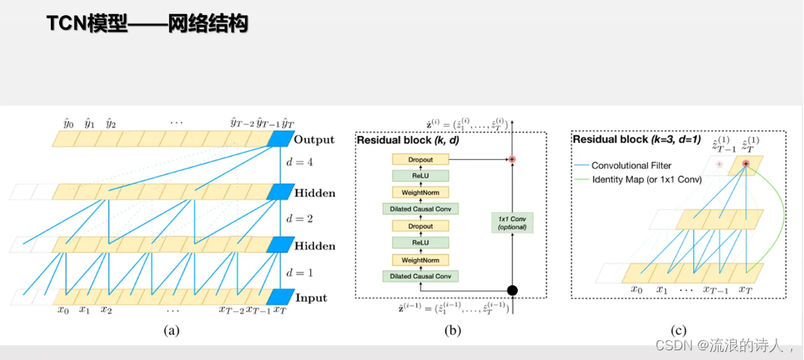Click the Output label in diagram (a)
[315, 140]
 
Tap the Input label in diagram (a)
[310, 298]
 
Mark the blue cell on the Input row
[279, 297]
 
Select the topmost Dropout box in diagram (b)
[420, 159]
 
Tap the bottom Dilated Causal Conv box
[420, 276]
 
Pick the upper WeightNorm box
[420, 192]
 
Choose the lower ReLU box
[420, 242]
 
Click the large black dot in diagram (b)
[513, 291]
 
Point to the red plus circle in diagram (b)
[513, 159]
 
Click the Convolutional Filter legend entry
[628, 166]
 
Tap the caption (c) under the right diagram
[679, 329]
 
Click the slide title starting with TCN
[147, 24]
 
